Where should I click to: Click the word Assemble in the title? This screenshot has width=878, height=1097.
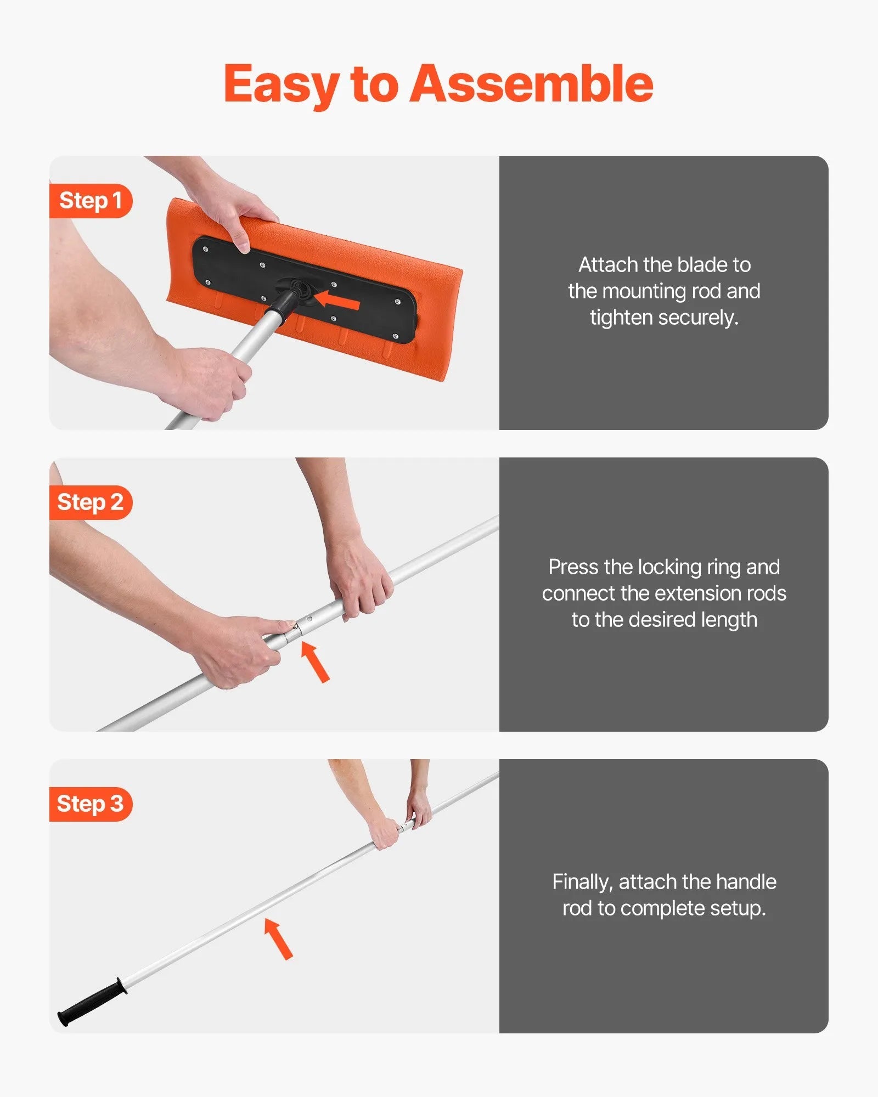[x=531, y=83]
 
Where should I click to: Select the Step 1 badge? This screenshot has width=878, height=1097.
[x=91, y=201]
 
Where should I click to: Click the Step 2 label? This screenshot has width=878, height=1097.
[x=91, y=502]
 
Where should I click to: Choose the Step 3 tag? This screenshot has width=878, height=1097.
[x=91, y=804]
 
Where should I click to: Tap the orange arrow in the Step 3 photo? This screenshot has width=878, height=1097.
[x=279, y=939]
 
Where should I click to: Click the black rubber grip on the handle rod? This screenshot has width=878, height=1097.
[x=92, y=1001]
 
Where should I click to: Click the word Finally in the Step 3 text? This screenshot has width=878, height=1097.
[x=582, y=882]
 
